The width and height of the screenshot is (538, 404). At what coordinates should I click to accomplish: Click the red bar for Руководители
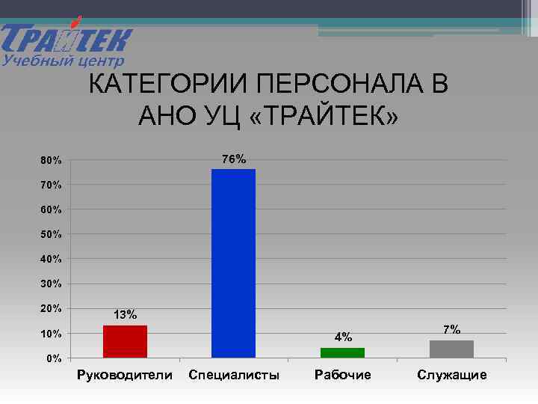[125, 341]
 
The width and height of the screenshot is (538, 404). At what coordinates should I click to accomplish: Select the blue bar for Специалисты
[233, 263]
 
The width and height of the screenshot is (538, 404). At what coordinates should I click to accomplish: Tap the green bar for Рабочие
[342, 352]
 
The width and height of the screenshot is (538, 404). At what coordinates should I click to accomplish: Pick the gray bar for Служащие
[451, 349]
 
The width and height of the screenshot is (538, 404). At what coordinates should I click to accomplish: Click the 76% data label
[234, 159]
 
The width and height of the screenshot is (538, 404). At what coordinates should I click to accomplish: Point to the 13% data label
[125, 315]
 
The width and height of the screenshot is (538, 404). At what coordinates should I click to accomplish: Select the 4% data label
[343, 337]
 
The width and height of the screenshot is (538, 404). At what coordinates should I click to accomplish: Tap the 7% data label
[451, 329]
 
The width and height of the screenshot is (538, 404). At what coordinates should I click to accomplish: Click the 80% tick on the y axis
[52, 161]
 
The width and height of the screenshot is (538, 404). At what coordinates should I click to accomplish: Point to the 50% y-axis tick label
[52, 235]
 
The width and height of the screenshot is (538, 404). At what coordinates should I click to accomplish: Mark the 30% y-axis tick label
[52, 284]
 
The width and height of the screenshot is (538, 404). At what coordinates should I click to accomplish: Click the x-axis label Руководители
[125, 375]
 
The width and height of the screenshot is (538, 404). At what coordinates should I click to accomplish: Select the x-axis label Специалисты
[234, 375]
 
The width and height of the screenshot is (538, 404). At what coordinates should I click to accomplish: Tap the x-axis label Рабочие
[343, 375]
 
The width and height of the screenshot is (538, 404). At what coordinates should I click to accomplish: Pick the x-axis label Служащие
[452, 375]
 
